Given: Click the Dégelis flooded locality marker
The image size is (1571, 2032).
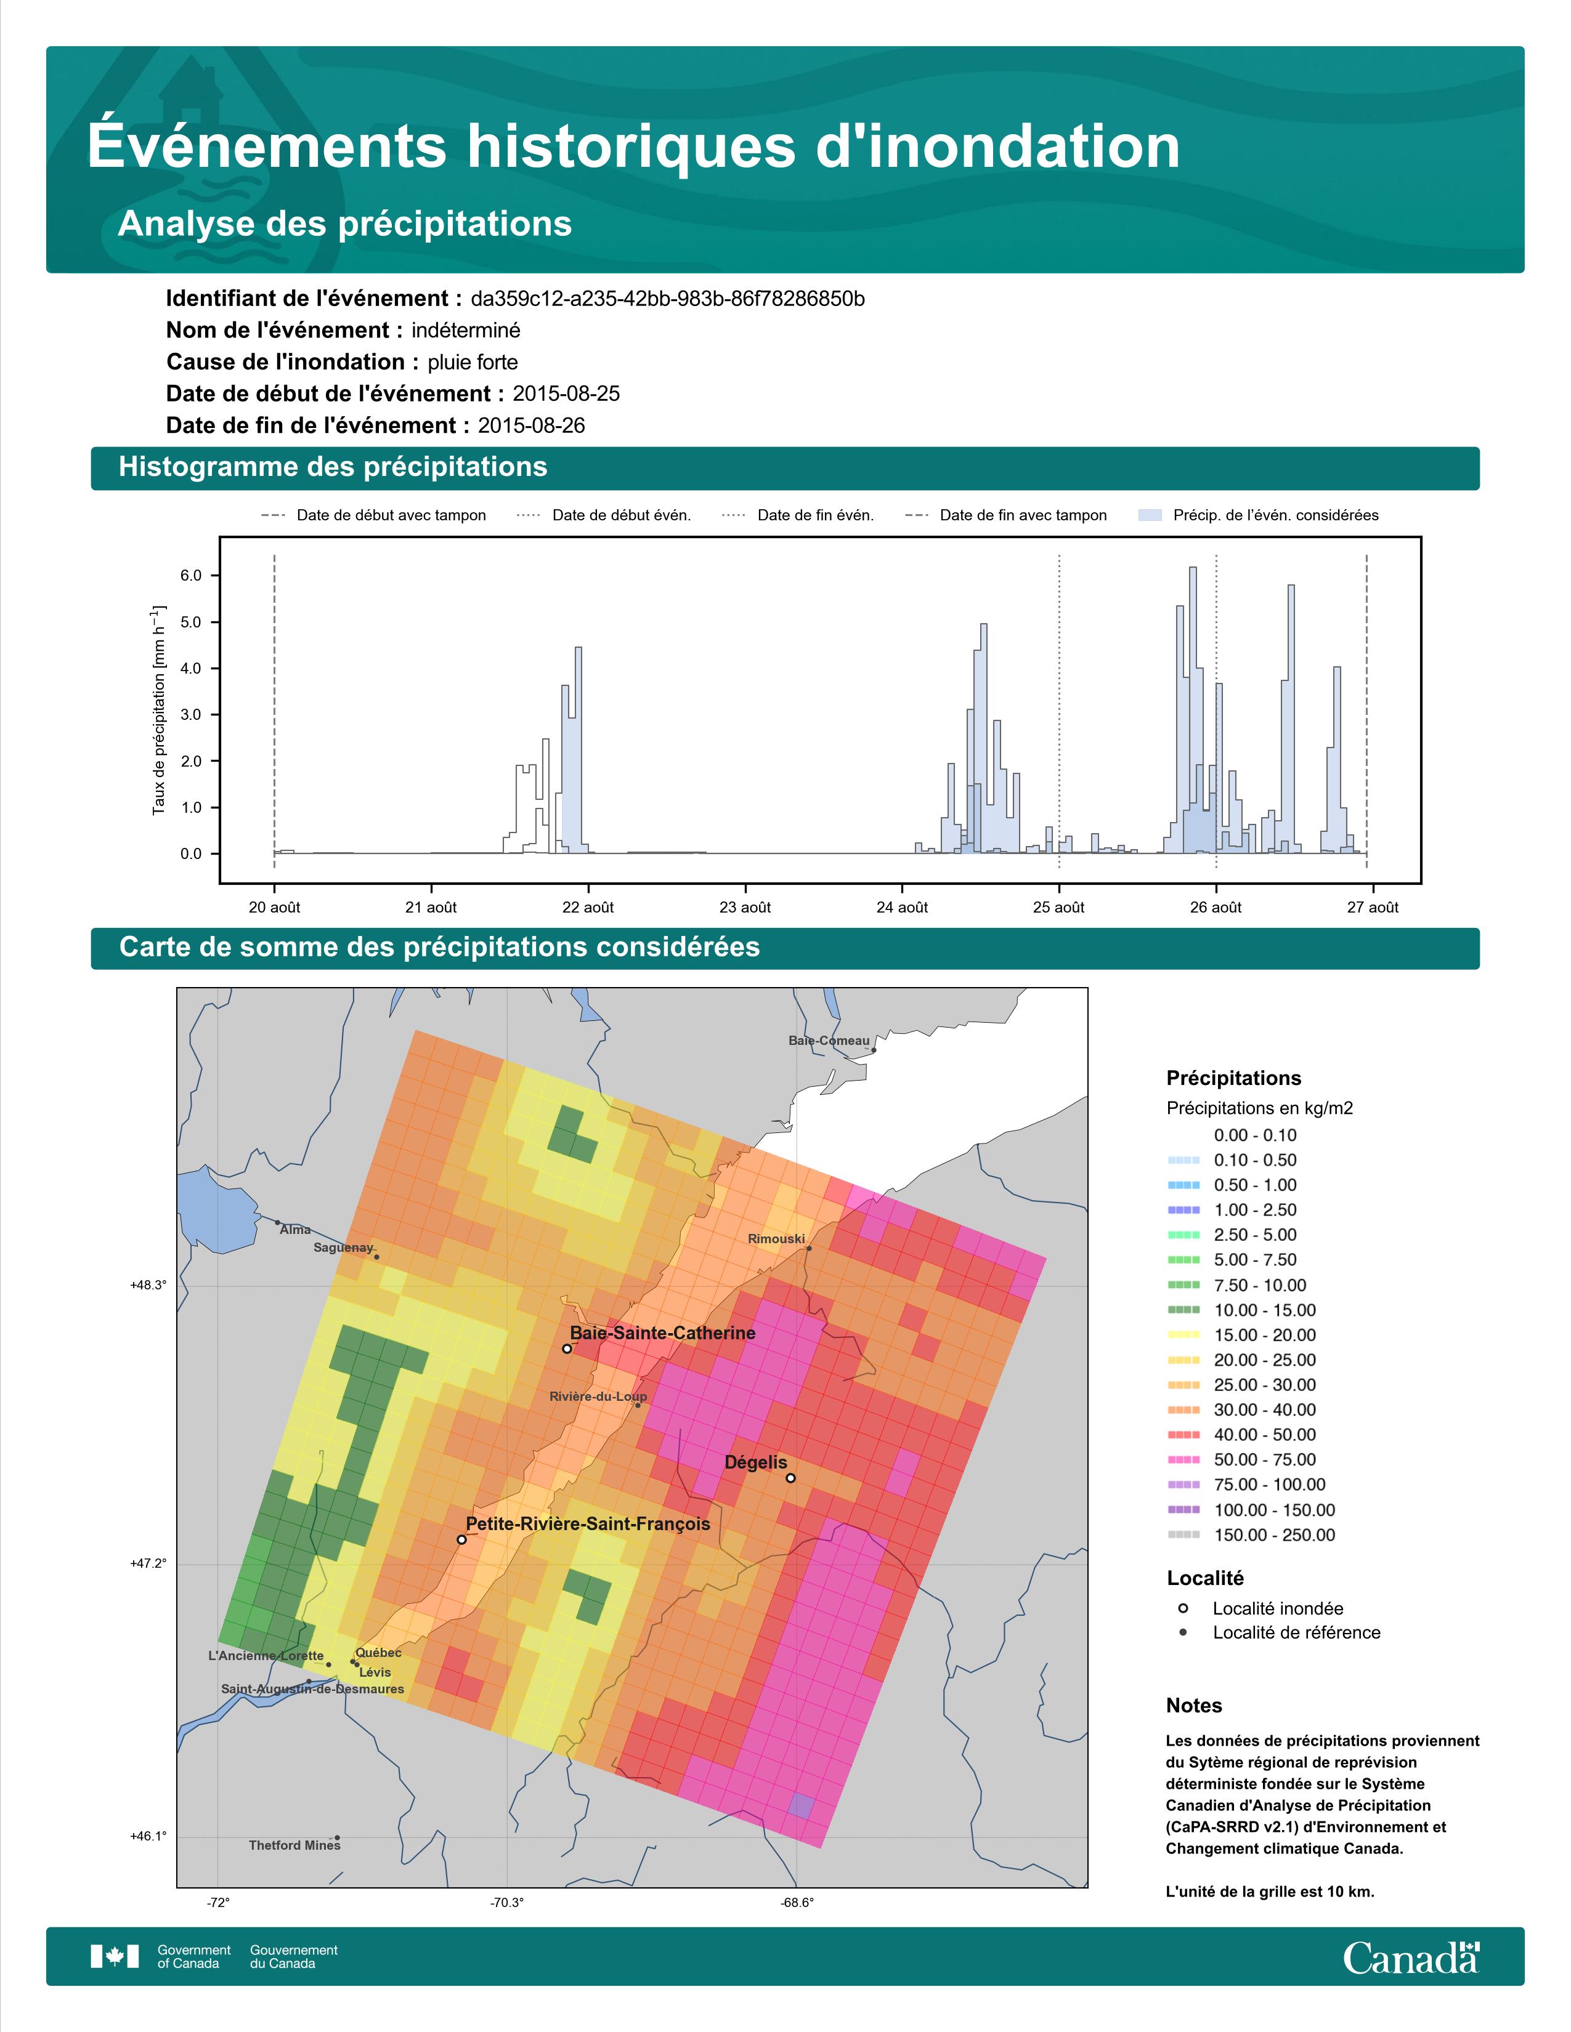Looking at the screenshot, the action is (790, 1477).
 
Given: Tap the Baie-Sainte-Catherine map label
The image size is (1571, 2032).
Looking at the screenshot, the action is (663, 1332).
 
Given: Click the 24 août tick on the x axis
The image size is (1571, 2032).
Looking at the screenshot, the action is (902, 907).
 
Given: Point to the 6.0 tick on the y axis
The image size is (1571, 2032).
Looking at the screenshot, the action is (191, 575).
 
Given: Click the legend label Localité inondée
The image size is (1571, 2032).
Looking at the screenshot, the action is (1278, 1608).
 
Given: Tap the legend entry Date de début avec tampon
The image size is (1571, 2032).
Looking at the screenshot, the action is (374, 515).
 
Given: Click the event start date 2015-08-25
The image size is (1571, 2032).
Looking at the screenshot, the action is (566, 393).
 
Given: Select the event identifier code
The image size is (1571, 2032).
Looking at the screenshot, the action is (667, 299).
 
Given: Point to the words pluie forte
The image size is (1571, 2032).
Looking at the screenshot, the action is (473, 362).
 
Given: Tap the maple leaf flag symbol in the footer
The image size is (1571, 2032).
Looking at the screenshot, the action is (115, 1957).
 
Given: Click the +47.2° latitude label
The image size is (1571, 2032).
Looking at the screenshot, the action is (148, 1563).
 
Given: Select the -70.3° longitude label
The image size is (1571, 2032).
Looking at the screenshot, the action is (507, 1903).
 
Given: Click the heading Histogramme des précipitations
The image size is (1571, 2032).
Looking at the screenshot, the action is (333, 467).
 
